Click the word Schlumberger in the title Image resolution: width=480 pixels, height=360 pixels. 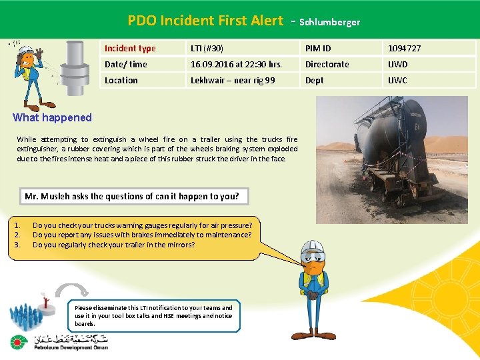pyautogui.click(x=329, y=22)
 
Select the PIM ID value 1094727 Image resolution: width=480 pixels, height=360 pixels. pyautogui.click(x=405, y=48)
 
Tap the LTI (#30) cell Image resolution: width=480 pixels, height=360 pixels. pyautogui.click(x=207, y=48)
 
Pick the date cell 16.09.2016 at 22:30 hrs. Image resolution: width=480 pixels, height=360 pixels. pyautogui.click(x=236, y=64)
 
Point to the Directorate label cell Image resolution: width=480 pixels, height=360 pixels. pyautogui.click(x=327, y=64)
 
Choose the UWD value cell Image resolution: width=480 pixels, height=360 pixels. pyautogui.click(x=398, y=64)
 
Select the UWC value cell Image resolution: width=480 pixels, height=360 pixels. pyautogui.click(x=398, y=80)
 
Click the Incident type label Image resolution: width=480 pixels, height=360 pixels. pyautogui.click(x=130, y=48)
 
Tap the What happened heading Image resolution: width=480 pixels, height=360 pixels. pyautogui.click(x=53, y=117)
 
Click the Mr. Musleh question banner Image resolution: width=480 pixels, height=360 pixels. pyautogui.click(x=131, y=196)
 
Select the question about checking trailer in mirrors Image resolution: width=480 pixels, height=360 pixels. pyautogui.click(x=114, y=245)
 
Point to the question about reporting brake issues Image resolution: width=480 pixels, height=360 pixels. pyautogui.click(x=142, y=235)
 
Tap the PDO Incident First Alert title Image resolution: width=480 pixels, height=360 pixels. pyautogui.click(x=205, y=21)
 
